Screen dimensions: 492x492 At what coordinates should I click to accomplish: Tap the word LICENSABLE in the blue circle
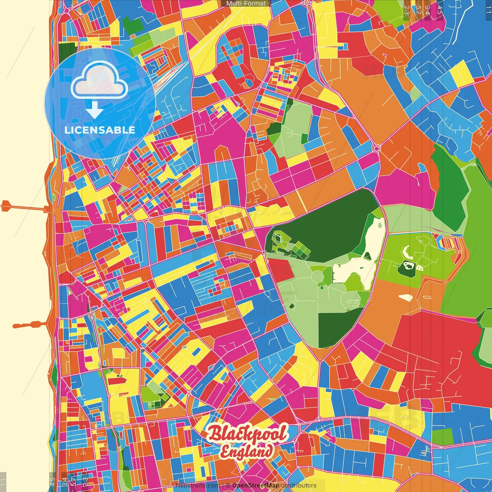tap(100, 130)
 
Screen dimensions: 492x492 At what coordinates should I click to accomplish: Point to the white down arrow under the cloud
tap(95, 111)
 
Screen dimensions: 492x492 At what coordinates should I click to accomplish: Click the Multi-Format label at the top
tap(246, 3)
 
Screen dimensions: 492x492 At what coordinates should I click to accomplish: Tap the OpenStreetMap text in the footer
tap(255, 485)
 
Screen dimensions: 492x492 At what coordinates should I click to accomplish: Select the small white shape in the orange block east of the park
tap(406, 297)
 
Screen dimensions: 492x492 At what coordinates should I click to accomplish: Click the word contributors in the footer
tap(299, 485)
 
